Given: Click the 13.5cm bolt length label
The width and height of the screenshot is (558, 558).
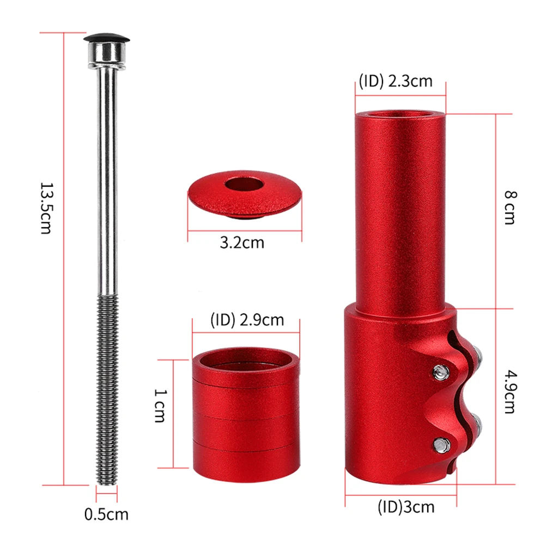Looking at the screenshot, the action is click(46, 208).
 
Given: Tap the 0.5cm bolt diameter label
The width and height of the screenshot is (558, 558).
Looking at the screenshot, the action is click(106, 514).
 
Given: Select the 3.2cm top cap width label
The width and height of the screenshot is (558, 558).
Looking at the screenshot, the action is click(242, 242).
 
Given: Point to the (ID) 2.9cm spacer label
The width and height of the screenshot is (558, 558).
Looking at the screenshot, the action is click(247, 320).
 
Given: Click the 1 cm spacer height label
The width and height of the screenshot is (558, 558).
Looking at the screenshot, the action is click(160, 405).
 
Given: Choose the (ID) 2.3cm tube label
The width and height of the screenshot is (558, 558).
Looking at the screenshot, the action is click(396, 81).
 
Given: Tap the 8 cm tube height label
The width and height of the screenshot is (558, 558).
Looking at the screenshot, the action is click(510, 208).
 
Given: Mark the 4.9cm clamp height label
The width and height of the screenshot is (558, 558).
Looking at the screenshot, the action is click(510, 392).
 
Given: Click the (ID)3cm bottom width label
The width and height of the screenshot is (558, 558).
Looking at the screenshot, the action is click(406, 507).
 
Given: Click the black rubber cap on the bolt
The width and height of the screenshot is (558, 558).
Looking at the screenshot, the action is click(106, 38).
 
